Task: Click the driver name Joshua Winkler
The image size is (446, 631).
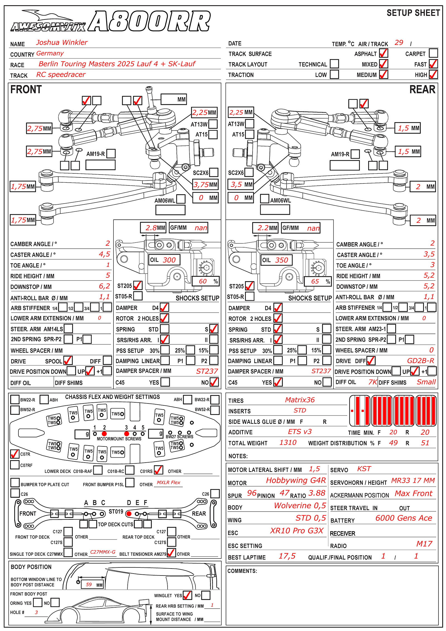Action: (x=62, y=43)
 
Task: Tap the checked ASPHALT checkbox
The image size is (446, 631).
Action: (x=384, y=53)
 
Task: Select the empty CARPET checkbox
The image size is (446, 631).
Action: (x=433, y=53)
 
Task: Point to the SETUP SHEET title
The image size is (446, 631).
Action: (x=413, y=13)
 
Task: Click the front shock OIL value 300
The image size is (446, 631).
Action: (x=169, y=260)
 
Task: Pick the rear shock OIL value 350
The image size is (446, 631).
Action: (x=282, y=260)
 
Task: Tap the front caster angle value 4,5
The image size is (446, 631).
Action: (x=105, y=254)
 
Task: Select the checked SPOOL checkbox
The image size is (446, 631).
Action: (x=68, y=361)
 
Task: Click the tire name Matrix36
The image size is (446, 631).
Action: (x=300, y=400)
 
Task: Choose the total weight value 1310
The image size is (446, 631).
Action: (x=288, y=443)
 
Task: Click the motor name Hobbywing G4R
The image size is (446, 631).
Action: (x=296, y=480)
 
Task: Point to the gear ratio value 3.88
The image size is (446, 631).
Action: (x=317, y=493)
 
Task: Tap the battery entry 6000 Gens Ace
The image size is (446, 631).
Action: (x=404, y=518)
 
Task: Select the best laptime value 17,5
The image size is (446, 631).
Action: (x=287, y=556)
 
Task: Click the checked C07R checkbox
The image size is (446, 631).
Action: (x=15, y=454)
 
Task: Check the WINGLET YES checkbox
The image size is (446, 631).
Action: (x=187, y=595)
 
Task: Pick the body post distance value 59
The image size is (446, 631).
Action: (x=89, y=585)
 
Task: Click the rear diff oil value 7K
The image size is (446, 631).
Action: (x=373, y=382)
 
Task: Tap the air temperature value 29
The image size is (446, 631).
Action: (x=399, y=43)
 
